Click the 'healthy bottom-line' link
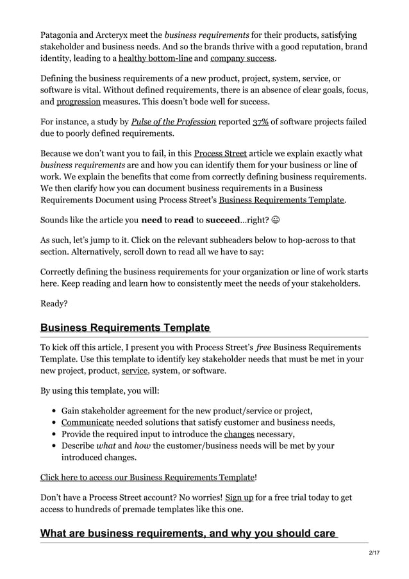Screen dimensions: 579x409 [155, 58]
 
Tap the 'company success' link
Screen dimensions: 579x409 [242, 58]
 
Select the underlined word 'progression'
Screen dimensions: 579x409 [78, 101]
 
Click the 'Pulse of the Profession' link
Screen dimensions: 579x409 [173, 122]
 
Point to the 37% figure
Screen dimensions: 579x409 [261, 122]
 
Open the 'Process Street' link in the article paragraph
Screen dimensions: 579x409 [220, 154]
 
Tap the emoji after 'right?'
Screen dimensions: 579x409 [275, 219]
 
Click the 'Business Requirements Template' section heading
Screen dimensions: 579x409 [125, 328]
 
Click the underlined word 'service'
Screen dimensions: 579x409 [135, 371]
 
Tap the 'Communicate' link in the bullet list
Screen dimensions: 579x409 [87, 422]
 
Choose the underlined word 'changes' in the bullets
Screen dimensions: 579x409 [239, 434]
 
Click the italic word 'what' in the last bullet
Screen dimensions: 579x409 [106, 446]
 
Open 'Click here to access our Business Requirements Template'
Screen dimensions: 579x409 [147, 477]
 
